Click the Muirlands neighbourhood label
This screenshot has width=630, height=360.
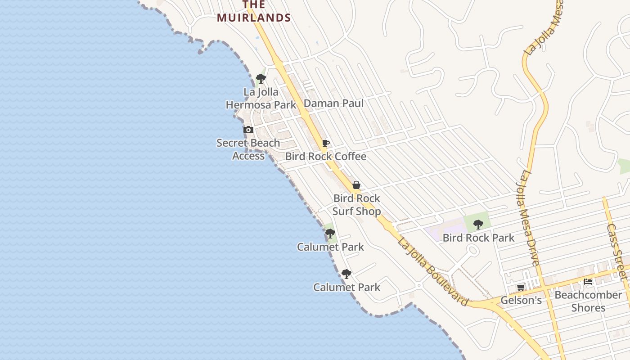point(254,12)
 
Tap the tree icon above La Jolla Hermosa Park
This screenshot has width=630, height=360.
point(261,79)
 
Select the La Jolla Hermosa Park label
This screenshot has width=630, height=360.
point(261,99)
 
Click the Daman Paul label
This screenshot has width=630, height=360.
point(333,103)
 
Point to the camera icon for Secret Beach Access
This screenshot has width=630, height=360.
point(248,130)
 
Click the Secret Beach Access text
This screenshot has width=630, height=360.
point(248,149)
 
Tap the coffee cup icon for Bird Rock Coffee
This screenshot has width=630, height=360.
point(326,144)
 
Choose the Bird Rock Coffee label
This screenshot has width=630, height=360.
point(326,157)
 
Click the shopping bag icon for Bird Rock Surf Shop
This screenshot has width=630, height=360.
point(356,185)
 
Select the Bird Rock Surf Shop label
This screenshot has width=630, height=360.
point(357,205)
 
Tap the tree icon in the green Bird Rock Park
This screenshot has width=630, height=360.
point(478,224)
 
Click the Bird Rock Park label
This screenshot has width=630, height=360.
point(478,238)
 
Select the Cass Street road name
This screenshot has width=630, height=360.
point(616,252)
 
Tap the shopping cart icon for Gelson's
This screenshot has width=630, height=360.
point(521,287)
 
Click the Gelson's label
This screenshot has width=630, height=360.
point(521,300)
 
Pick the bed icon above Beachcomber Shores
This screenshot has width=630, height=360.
point(588,282)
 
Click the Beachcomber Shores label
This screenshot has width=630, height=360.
point(588,301)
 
